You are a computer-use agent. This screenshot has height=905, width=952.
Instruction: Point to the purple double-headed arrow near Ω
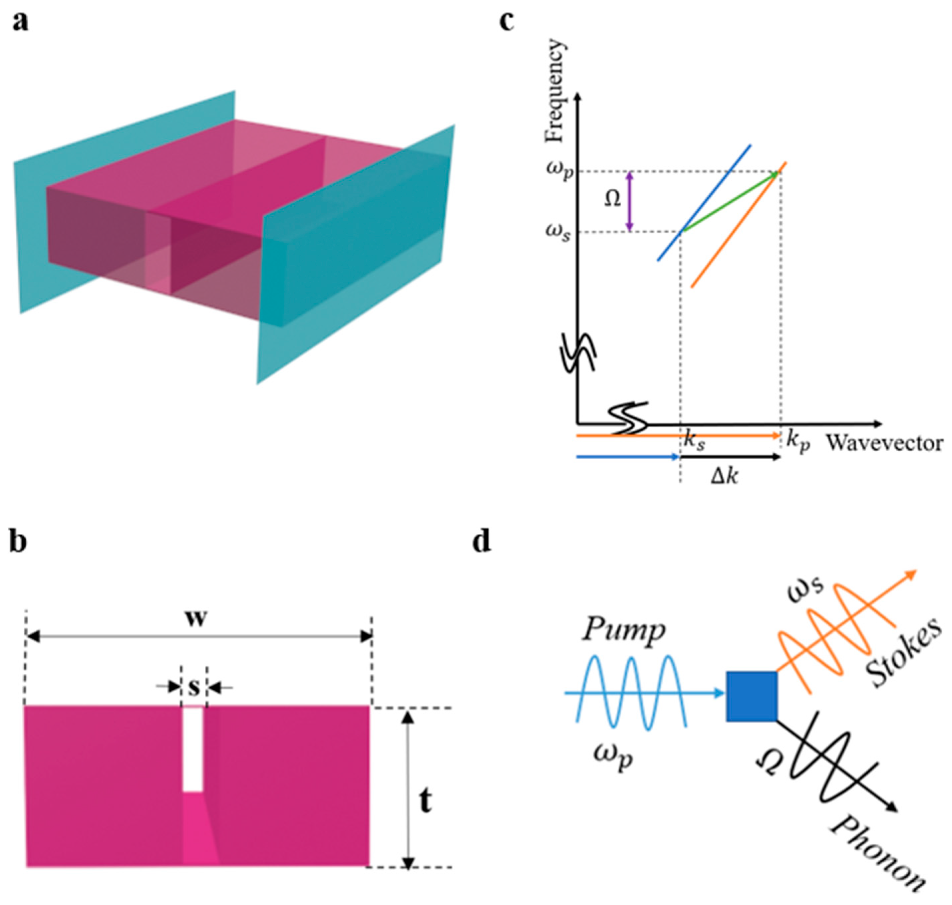tap(630, 202)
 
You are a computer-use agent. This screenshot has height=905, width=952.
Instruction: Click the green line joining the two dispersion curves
tap(729, 203)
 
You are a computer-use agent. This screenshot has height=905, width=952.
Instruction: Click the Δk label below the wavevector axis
tap(724, 477)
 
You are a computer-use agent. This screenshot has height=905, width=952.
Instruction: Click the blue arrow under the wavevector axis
tap(627, 456)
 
